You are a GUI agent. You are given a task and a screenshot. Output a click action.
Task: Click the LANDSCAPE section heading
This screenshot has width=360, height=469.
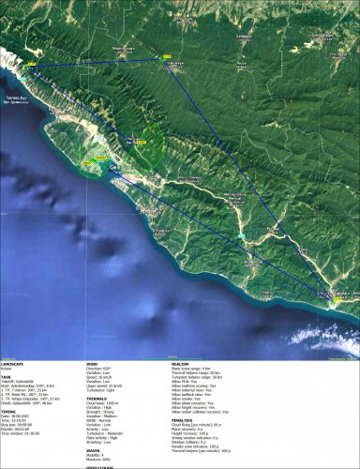[16, 366]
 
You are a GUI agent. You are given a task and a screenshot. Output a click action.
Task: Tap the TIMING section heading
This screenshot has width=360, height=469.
[9, 409]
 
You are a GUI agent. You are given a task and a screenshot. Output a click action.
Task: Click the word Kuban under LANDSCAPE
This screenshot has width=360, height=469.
[7, 371]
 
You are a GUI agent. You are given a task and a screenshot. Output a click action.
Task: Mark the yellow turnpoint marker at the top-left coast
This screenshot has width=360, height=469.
[31, 68]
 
